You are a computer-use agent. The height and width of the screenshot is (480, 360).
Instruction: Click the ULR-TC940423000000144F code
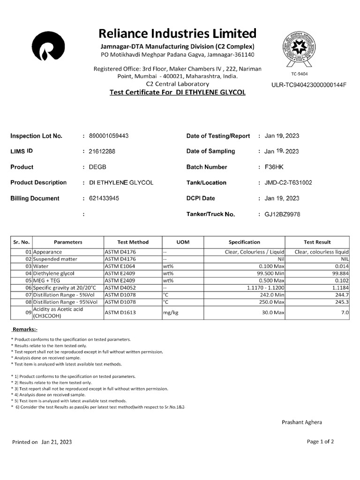pos(308,85)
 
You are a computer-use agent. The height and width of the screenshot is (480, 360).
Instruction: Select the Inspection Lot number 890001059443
pos(109,136)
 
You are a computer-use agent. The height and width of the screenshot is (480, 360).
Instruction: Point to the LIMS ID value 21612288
pos(102,151)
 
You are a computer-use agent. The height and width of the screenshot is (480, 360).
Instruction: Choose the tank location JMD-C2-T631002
pos(288,183)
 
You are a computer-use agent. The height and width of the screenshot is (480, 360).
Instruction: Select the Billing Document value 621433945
pos(104,198)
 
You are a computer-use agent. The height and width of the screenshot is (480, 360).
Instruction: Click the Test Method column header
pos(133,242)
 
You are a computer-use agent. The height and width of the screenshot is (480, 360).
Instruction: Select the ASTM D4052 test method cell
pos(120,287)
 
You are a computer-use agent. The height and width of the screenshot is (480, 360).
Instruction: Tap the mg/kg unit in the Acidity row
pos(169,312)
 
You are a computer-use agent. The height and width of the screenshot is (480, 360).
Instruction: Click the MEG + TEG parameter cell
pos(47,280)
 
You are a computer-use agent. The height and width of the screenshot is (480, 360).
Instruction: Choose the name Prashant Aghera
pos(302,422)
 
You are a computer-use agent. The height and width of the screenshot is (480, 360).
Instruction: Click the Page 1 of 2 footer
pos(320,441)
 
